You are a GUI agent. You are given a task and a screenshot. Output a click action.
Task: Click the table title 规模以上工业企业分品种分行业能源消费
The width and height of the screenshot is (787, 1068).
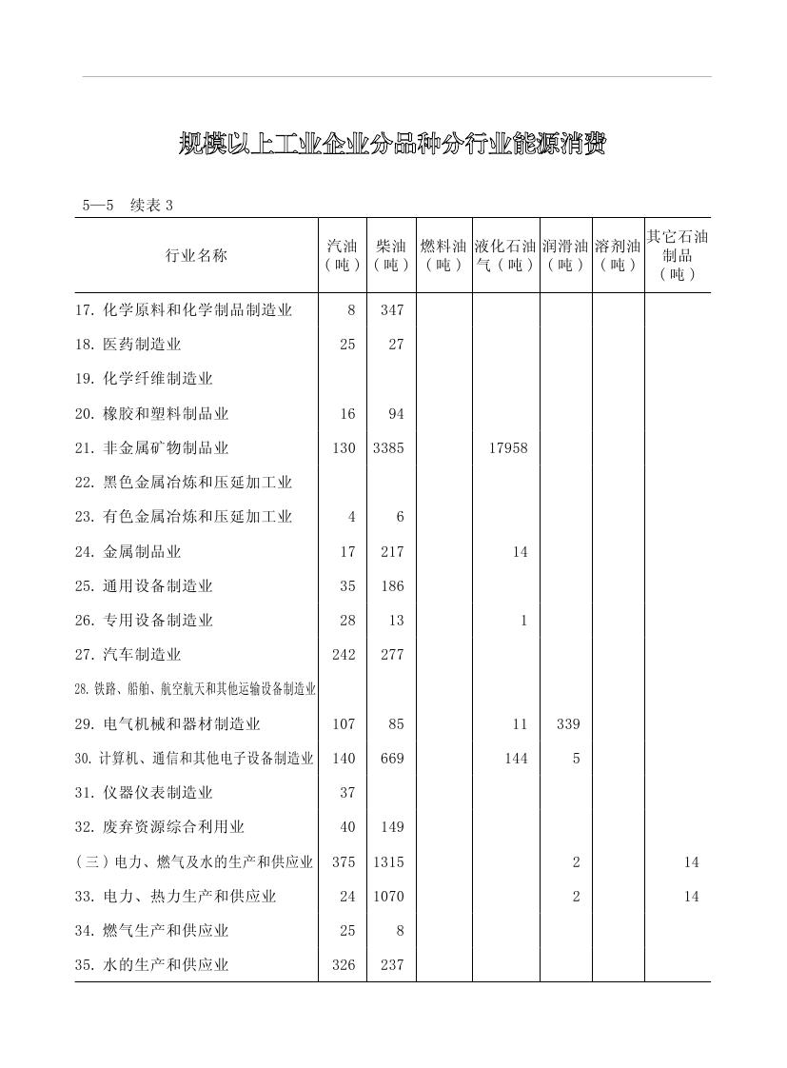[x=392, y=145]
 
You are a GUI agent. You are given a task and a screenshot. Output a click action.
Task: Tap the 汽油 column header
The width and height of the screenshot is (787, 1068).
[x=343, y=255]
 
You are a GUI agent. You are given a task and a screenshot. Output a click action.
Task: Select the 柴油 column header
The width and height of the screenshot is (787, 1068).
[x=391, y=255]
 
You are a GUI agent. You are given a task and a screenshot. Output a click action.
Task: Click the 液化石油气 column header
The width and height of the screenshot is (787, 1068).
[x=505, y=255]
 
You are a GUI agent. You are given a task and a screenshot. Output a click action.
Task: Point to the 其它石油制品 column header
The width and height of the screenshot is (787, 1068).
[x=678, y=255]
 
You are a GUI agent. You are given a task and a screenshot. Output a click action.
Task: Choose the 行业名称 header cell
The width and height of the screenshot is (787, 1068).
[x=196, y=255]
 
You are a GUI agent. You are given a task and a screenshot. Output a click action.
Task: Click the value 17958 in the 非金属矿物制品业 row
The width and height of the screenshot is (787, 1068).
[x=507, y=448]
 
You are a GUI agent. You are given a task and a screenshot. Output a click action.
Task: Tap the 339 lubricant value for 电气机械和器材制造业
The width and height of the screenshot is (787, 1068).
[x=567, y=724]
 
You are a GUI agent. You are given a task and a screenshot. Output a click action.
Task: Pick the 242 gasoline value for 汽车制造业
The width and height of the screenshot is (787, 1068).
[x=344, y=655]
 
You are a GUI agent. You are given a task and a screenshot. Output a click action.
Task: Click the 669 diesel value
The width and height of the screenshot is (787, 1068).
[x=391, y=759]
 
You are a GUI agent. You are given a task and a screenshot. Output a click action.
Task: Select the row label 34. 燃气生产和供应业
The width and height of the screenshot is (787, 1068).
[x=152, y=931]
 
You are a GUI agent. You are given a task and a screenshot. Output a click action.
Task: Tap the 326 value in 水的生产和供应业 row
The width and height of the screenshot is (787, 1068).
[x=344, y=965]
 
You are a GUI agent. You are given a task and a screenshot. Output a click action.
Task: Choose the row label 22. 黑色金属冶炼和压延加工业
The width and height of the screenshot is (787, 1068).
[x=184, y=483]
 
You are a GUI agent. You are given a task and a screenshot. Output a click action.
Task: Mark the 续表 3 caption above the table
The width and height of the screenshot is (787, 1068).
[x=152, y=206]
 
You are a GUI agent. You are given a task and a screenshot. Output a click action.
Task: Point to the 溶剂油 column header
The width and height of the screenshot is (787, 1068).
[x=618, y=255]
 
